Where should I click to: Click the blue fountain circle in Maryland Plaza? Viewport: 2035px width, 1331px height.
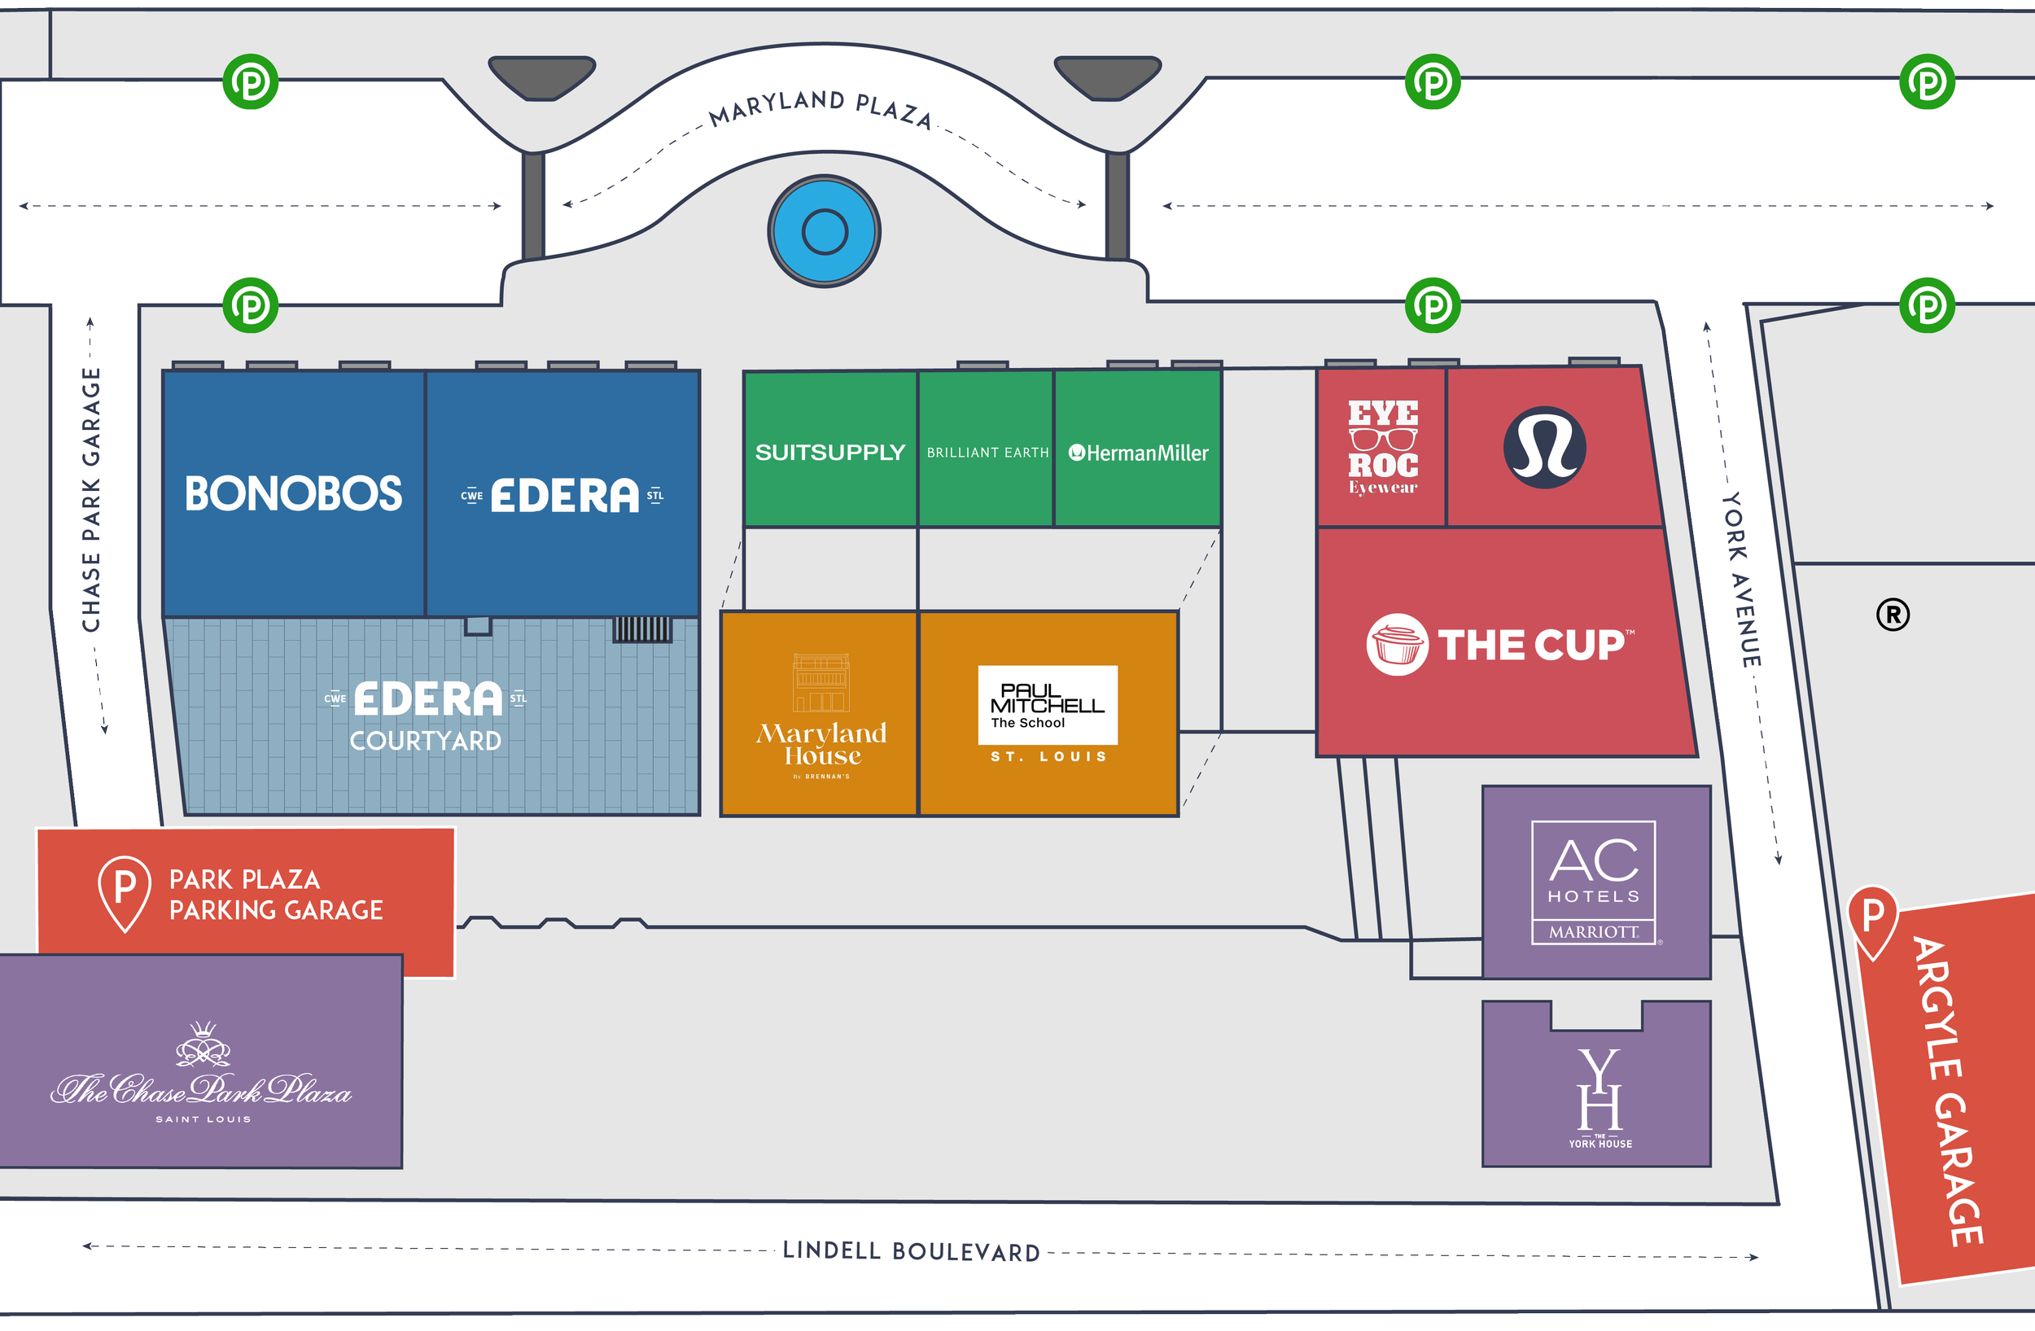point(825,232)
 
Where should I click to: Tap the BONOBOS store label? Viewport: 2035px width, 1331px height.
point(293,494)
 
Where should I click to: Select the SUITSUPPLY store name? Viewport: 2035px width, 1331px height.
point(829,453)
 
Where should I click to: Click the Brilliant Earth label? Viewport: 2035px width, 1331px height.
point(987,453)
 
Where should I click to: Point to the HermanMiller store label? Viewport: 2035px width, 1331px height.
point(1138,453)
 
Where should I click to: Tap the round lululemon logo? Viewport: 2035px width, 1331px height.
point(1544,447)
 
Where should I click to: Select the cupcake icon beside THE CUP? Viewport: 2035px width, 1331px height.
point(1396,645)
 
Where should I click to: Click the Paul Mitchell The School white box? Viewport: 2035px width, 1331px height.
point(1048,704)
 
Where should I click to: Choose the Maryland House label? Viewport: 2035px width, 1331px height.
point(821,744)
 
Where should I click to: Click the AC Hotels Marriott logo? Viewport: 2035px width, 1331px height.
point(1593,882)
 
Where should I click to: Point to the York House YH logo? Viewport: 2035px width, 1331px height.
point(1599,1092)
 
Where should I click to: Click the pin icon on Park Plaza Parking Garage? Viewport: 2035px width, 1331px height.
point(125,891)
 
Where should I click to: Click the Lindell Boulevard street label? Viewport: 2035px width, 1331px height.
point(912,1251)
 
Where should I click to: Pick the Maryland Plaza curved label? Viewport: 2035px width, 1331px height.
point(821,107)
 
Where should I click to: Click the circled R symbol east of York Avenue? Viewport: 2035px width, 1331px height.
point(1893,615)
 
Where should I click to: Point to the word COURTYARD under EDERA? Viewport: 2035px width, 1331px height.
point(425,741)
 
